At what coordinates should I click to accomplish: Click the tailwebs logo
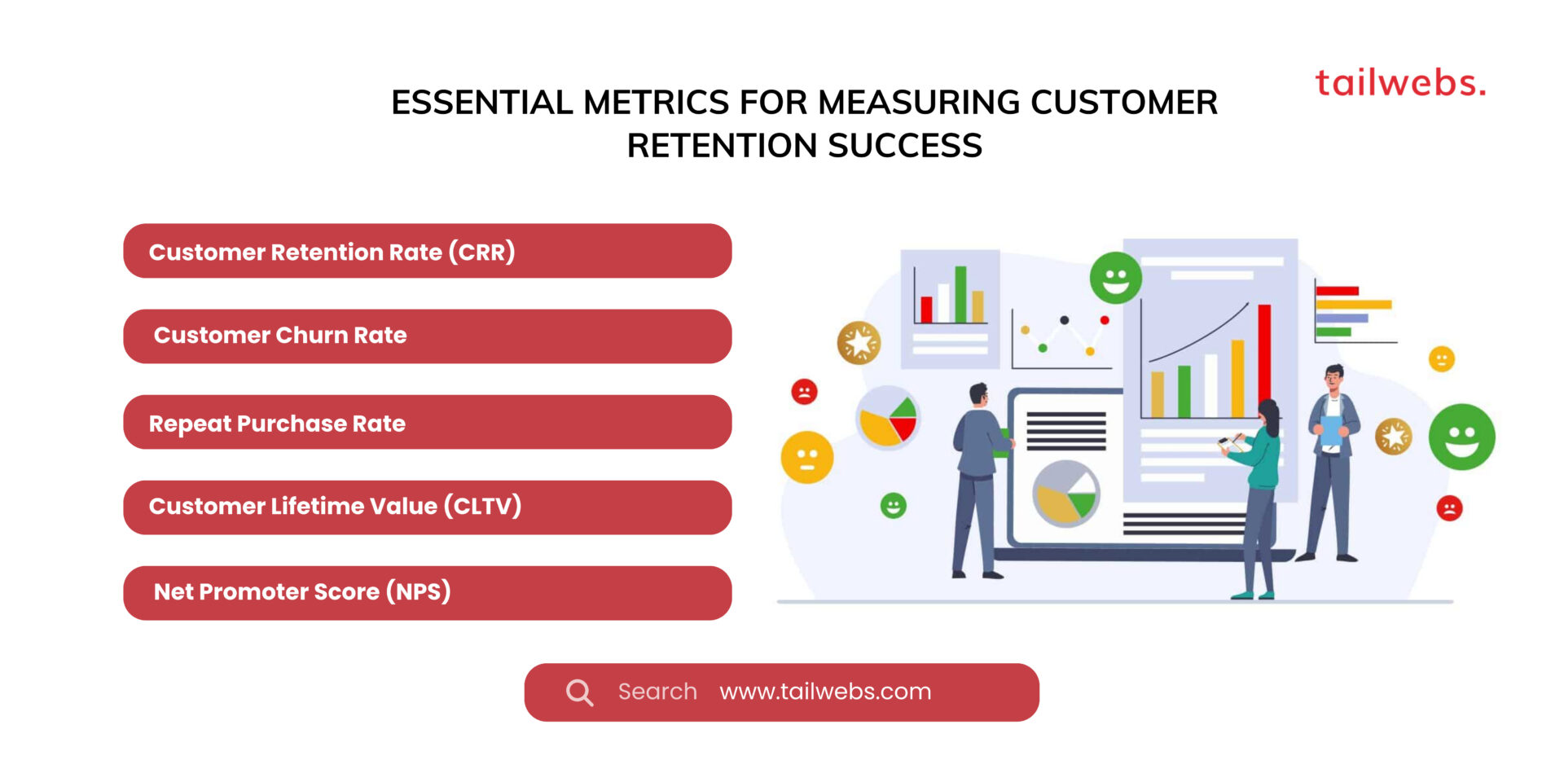pos(1399,83)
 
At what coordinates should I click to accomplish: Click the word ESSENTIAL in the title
pos(481,103)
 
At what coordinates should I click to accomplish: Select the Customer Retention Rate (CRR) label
pos(332,252)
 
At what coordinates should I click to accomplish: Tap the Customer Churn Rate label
pos(280,336)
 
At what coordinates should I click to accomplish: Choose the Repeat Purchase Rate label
pos(277,424)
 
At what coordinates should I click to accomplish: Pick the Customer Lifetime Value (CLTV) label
pos(335,507)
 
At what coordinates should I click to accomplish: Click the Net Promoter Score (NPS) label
pos(302,591)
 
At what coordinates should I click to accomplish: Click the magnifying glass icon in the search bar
pos(579,692)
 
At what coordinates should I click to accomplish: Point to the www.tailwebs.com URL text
pos(825,692)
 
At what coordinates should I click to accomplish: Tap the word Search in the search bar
pos(657,692)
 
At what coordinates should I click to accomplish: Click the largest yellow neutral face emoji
pos(806,457)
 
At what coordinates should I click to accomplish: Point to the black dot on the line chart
pos(1064,320)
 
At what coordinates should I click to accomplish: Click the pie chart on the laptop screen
pos(1065,493)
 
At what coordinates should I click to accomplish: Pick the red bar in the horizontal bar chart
pos(1337,291)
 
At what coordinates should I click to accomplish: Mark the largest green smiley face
pos(1461,437)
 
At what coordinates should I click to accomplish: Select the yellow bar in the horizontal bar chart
pos(1353,305)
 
